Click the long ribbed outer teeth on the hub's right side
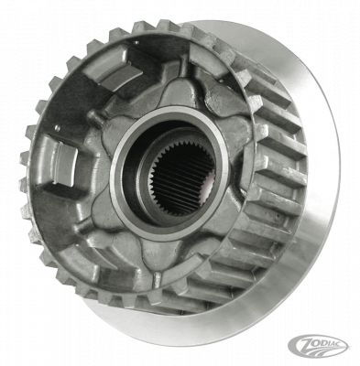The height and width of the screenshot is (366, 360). [261, 210]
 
